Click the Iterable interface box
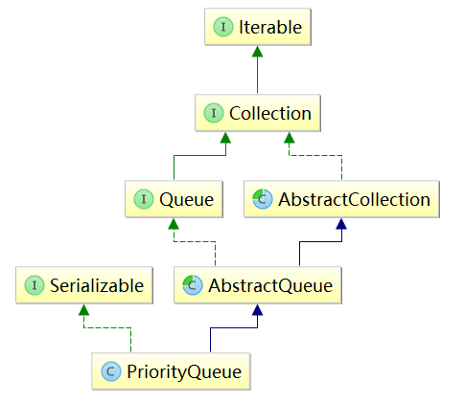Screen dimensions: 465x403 click(x=258, y=27)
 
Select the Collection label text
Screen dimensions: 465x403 click(x=270, y=113)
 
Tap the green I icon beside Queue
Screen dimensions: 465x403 click(x=144, y=199)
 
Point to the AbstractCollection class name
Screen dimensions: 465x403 click(x=354, y=200)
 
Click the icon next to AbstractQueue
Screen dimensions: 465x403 click(x=193, y=285)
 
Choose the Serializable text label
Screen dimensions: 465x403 click(x=97, y=285)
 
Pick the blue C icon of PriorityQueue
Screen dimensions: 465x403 click(x=111, y=371)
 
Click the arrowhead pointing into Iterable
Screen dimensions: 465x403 click(x=257, y=52)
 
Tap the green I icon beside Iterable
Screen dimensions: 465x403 click(x=223, y=27)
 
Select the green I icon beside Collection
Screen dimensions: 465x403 click(x=214, y=113)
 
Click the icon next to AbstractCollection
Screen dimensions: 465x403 click(x=263, y=199)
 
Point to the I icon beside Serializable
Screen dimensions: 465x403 click(x=35, y=285)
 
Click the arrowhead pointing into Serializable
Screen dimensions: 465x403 click(x=83, y=309)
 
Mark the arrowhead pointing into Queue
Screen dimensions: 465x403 click(x=174, y=224)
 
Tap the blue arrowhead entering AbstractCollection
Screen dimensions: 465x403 click(x=341, y=224)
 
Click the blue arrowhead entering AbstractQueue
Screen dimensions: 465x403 click(x=257, y=309)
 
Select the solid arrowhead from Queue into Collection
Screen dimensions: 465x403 click(x=225, y=138)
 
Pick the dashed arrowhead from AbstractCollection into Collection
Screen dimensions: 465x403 click(x=290, y=138)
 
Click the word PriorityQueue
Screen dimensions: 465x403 click(x=184, y=372)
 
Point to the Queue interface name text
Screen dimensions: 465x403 click(x=187, y=200)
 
